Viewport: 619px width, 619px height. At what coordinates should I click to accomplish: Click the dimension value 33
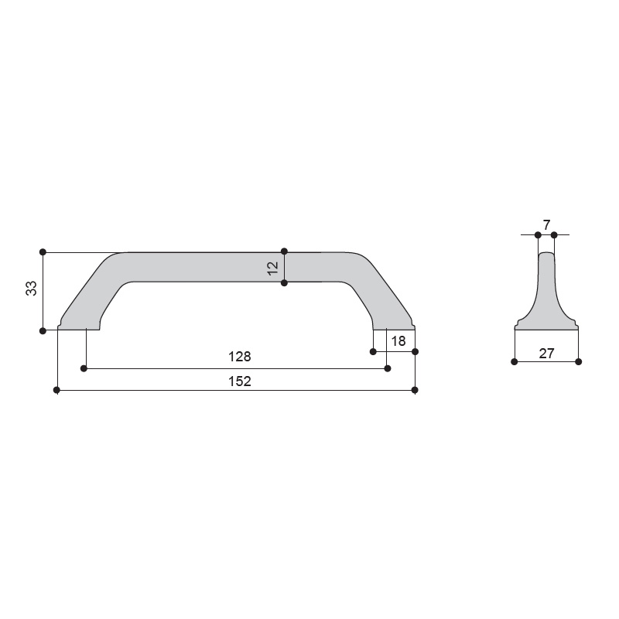31,288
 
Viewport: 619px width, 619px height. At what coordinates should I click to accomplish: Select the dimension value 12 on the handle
273,268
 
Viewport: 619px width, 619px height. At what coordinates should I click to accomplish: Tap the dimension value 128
240,357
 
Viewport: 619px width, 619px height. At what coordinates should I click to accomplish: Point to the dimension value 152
240,381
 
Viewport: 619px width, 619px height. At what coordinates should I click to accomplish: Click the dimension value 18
398,341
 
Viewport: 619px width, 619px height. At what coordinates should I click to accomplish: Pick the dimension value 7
546,225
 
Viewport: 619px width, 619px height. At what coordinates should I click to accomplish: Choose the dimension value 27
546,354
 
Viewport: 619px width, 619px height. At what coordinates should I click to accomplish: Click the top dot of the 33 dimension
43,252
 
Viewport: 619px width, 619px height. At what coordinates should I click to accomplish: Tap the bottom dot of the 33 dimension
43,331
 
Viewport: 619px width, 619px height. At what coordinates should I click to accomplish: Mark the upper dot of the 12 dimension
284,251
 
